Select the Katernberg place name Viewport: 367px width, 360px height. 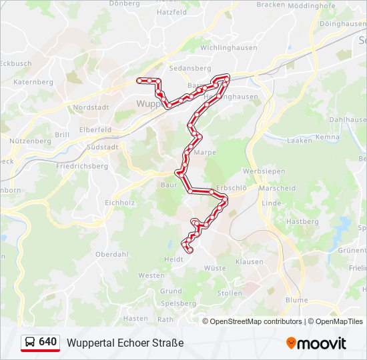click(x=33, y=82)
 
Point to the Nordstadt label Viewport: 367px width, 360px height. click(x=90, y=107)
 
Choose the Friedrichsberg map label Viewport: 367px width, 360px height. click(x=82, y=166)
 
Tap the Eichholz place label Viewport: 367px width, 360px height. click(x=120, y=202)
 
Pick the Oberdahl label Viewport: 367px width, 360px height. click(x=111, y=254)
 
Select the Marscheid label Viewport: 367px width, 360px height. click(x=277, y=189)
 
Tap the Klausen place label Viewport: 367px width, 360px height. click(x=249, y=262)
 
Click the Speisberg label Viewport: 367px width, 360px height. click(x=177, y=303)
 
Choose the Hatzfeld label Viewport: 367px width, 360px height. click(x=171, y=12)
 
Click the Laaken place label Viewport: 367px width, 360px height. click(x=299, y=141)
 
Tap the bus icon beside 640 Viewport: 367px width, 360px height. click(x=31, y=342)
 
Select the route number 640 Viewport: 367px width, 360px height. click(x=48, y=342)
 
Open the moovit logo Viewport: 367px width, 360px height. click(x=316, y=343)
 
